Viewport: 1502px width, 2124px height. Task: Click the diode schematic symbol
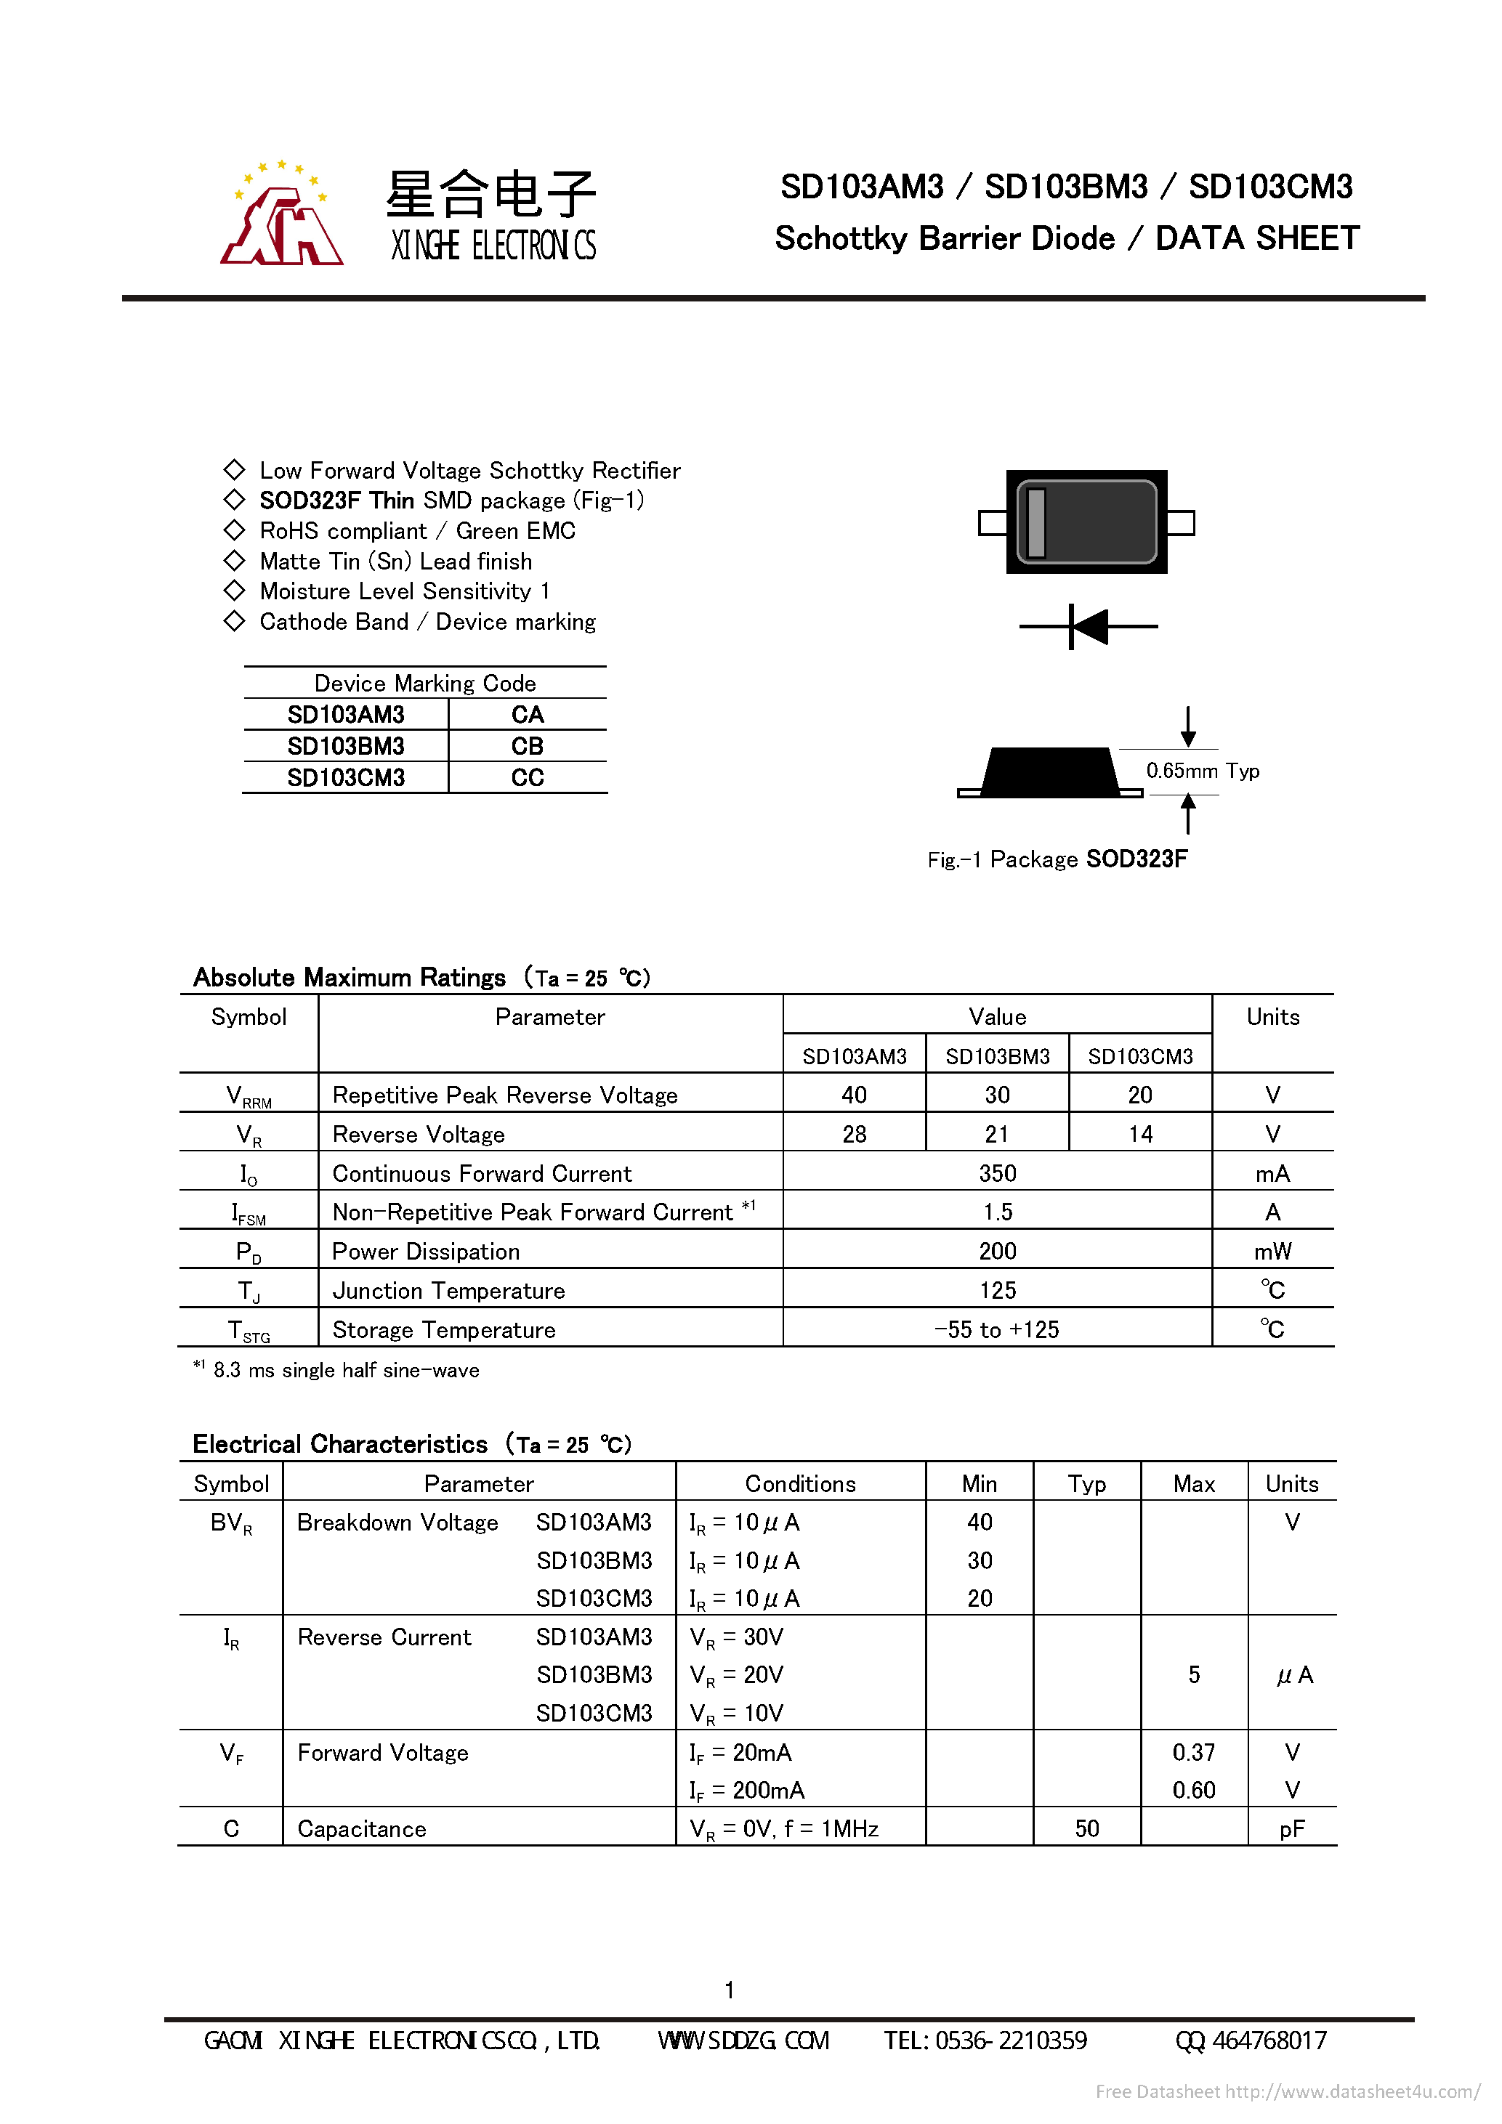1089,626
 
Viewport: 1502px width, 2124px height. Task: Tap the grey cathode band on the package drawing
1036,523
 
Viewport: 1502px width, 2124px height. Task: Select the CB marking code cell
528,745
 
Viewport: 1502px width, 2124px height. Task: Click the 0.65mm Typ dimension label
1202,771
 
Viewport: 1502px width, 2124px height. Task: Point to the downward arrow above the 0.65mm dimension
1187,726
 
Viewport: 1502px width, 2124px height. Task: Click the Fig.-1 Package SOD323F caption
1057,859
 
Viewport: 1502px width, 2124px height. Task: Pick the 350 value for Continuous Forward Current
997,1173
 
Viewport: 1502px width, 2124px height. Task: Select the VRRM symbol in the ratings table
248,1096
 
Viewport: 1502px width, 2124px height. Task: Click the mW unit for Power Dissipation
1272,1252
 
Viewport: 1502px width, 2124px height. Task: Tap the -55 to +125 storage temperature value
997,1329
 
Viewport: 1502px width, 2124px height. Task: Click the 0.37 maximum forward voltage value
1193,1752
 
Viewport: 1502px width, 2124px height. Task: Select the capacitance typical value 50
1086,1828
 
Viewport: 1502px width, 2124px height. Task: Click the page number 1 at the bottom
730,1990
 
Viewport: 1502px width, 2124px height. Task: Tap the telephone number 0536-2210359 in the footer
985,2040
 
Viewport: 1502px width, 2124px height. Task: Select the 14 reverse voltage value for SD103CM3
1140,1134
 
